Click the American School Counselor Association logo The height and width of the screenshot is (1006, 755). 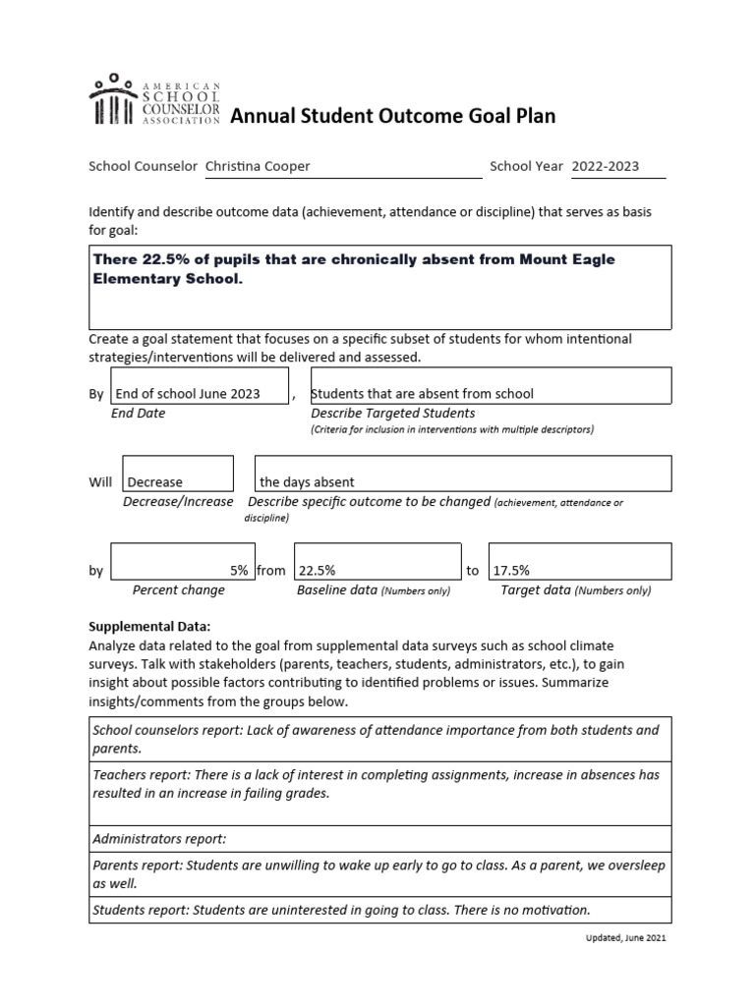[155, 100]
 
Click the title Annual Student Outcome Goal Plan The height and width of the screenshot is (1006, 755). [392, 117]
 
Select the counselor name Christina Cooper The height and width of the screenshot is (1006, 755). [257, 166]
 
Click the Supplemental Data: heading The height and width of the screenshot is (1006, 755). [150, 626]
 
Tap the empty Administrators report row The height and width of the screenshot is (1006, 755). [380, 839]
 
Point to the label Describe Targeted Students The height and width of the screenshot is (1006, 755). [393, 413]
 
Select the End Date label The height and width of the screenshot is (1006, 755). [139, 413]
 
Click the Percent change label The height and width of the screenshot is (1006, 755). [178, 590]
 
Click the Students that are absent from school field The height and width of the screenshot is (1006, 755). [423, 393]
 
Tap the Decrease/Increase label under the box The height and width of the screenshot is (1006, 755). [178, 501]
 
